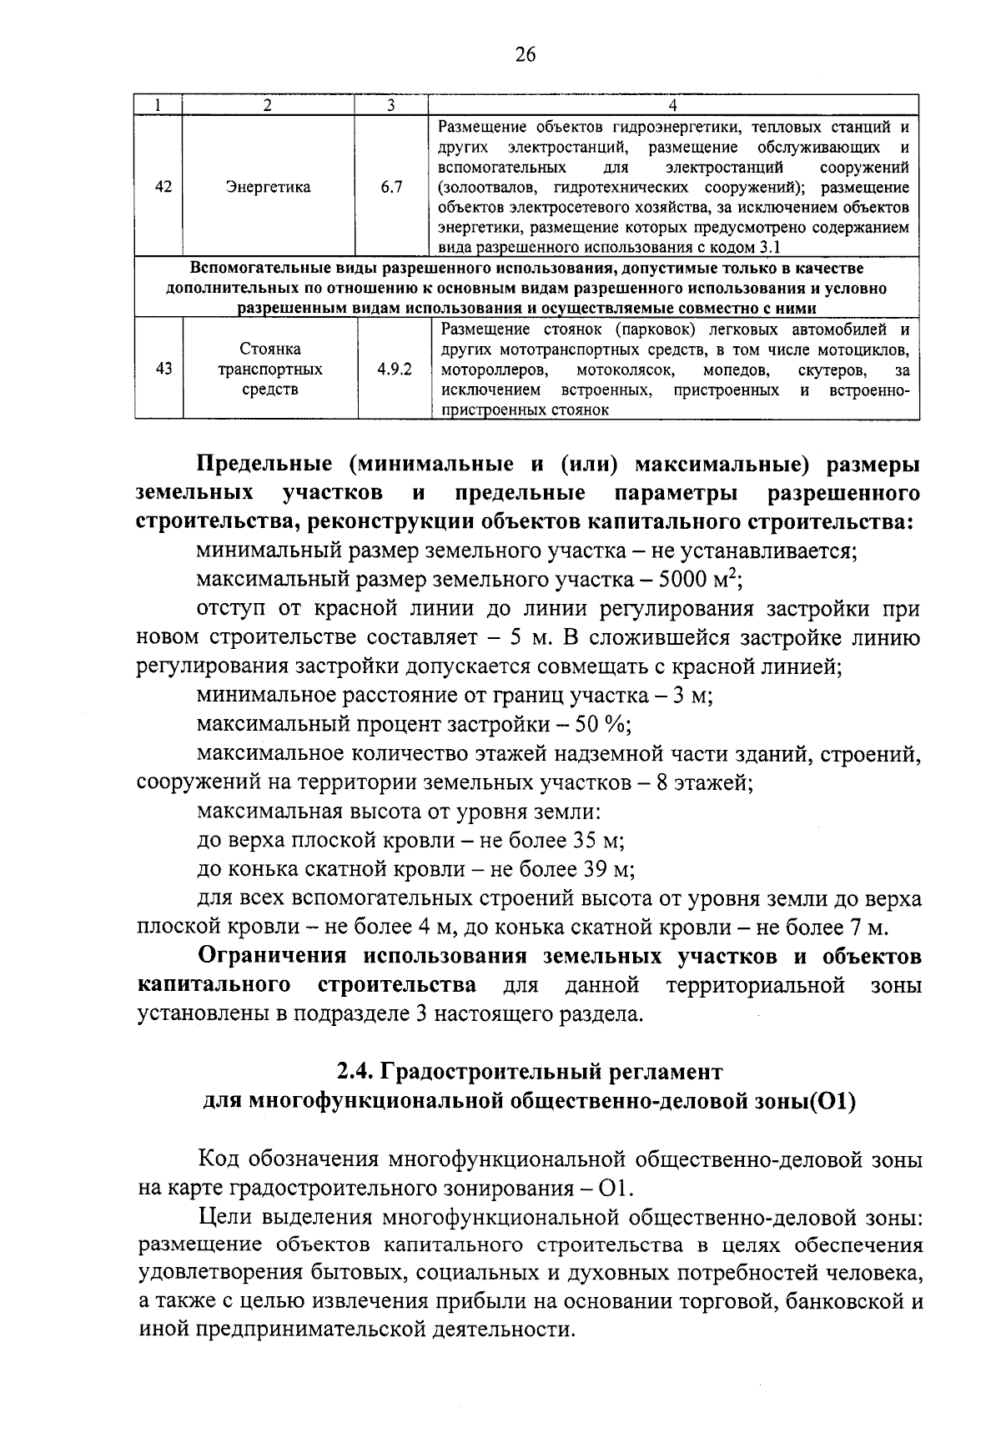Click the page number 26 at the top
click(x=524, y=55)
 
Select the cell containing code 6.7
click(x=391, y=187)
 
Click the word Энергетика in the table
click(x=268, y=187)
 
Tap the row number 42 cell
click(x=163, y=187)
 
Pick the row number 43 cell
click(x=163, y=369)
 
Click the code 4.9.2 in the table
click(x=394, y=369)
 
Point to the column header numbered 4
click(x=672, y=105)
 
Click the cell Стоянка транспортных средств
click(x=269, y=369)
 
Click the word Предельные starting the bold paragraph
click(x=260, y=463)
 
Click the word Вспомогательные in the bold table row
click(x=251, y=269)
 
